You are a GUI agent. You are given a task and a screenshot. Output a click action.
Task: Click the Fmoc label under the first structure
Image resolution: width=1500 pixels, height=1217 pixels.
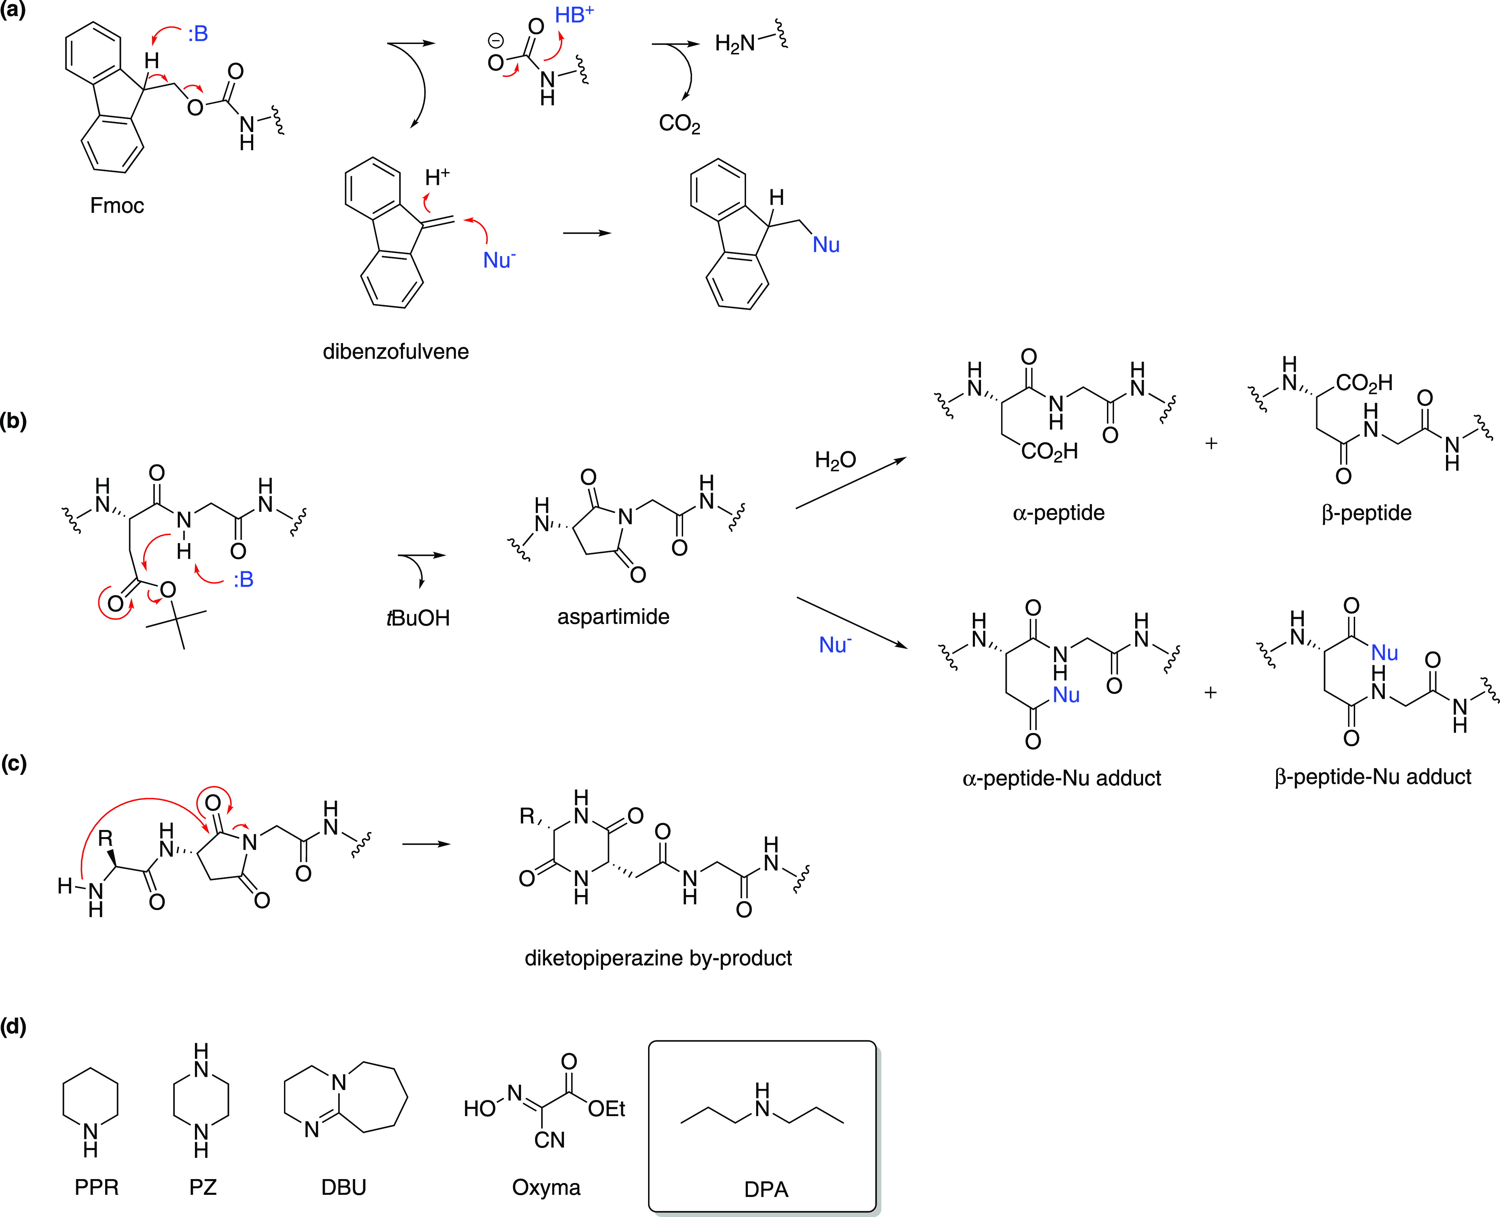[117, 205]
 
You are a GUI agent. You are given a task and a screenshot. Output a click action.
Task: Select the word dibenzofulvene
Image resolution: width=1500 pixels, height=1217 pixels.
[395, 351]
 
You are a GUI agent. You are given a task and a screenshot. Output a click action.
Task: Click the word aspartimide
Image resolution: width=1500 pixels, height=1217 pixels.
[613, 617]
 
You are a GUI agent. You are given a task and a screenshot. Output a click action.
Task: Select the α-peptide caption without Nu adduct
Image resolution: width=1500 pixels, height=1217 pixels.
[1058, 513]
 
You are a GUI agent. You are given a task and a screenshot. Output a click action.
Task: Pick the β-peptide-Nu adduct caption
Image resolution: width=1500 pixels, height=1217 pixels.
[1372, 777]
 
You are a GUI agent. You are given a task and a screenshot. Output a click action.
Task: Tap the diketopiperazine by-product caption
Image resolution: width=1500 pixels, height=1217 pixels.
[658, 958]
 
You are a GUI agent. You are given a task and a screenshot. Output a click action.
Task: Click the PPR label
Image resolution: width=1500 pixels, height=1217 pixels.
[97, 1188]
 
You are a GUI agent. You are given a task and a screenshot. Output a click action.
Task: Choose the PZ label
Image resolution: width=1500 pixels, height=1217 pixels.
[202, 1188]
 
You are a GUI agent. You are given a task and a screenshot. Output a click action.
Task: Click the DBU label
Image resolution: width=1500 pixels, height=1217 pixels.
[343, 1188]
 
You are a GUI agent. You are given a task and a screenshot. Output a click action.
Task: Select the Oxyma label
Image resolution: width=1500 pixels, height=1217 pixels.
[546, 1188]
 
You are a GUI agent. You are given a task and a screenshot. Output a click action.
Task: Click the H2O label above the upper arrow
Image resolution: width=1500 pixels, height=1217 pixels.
[835, 460]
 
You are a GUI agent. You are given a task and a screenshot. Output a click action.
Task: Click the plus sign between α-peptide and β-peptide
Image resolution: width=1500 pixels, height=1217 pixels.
[1211, 444]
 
